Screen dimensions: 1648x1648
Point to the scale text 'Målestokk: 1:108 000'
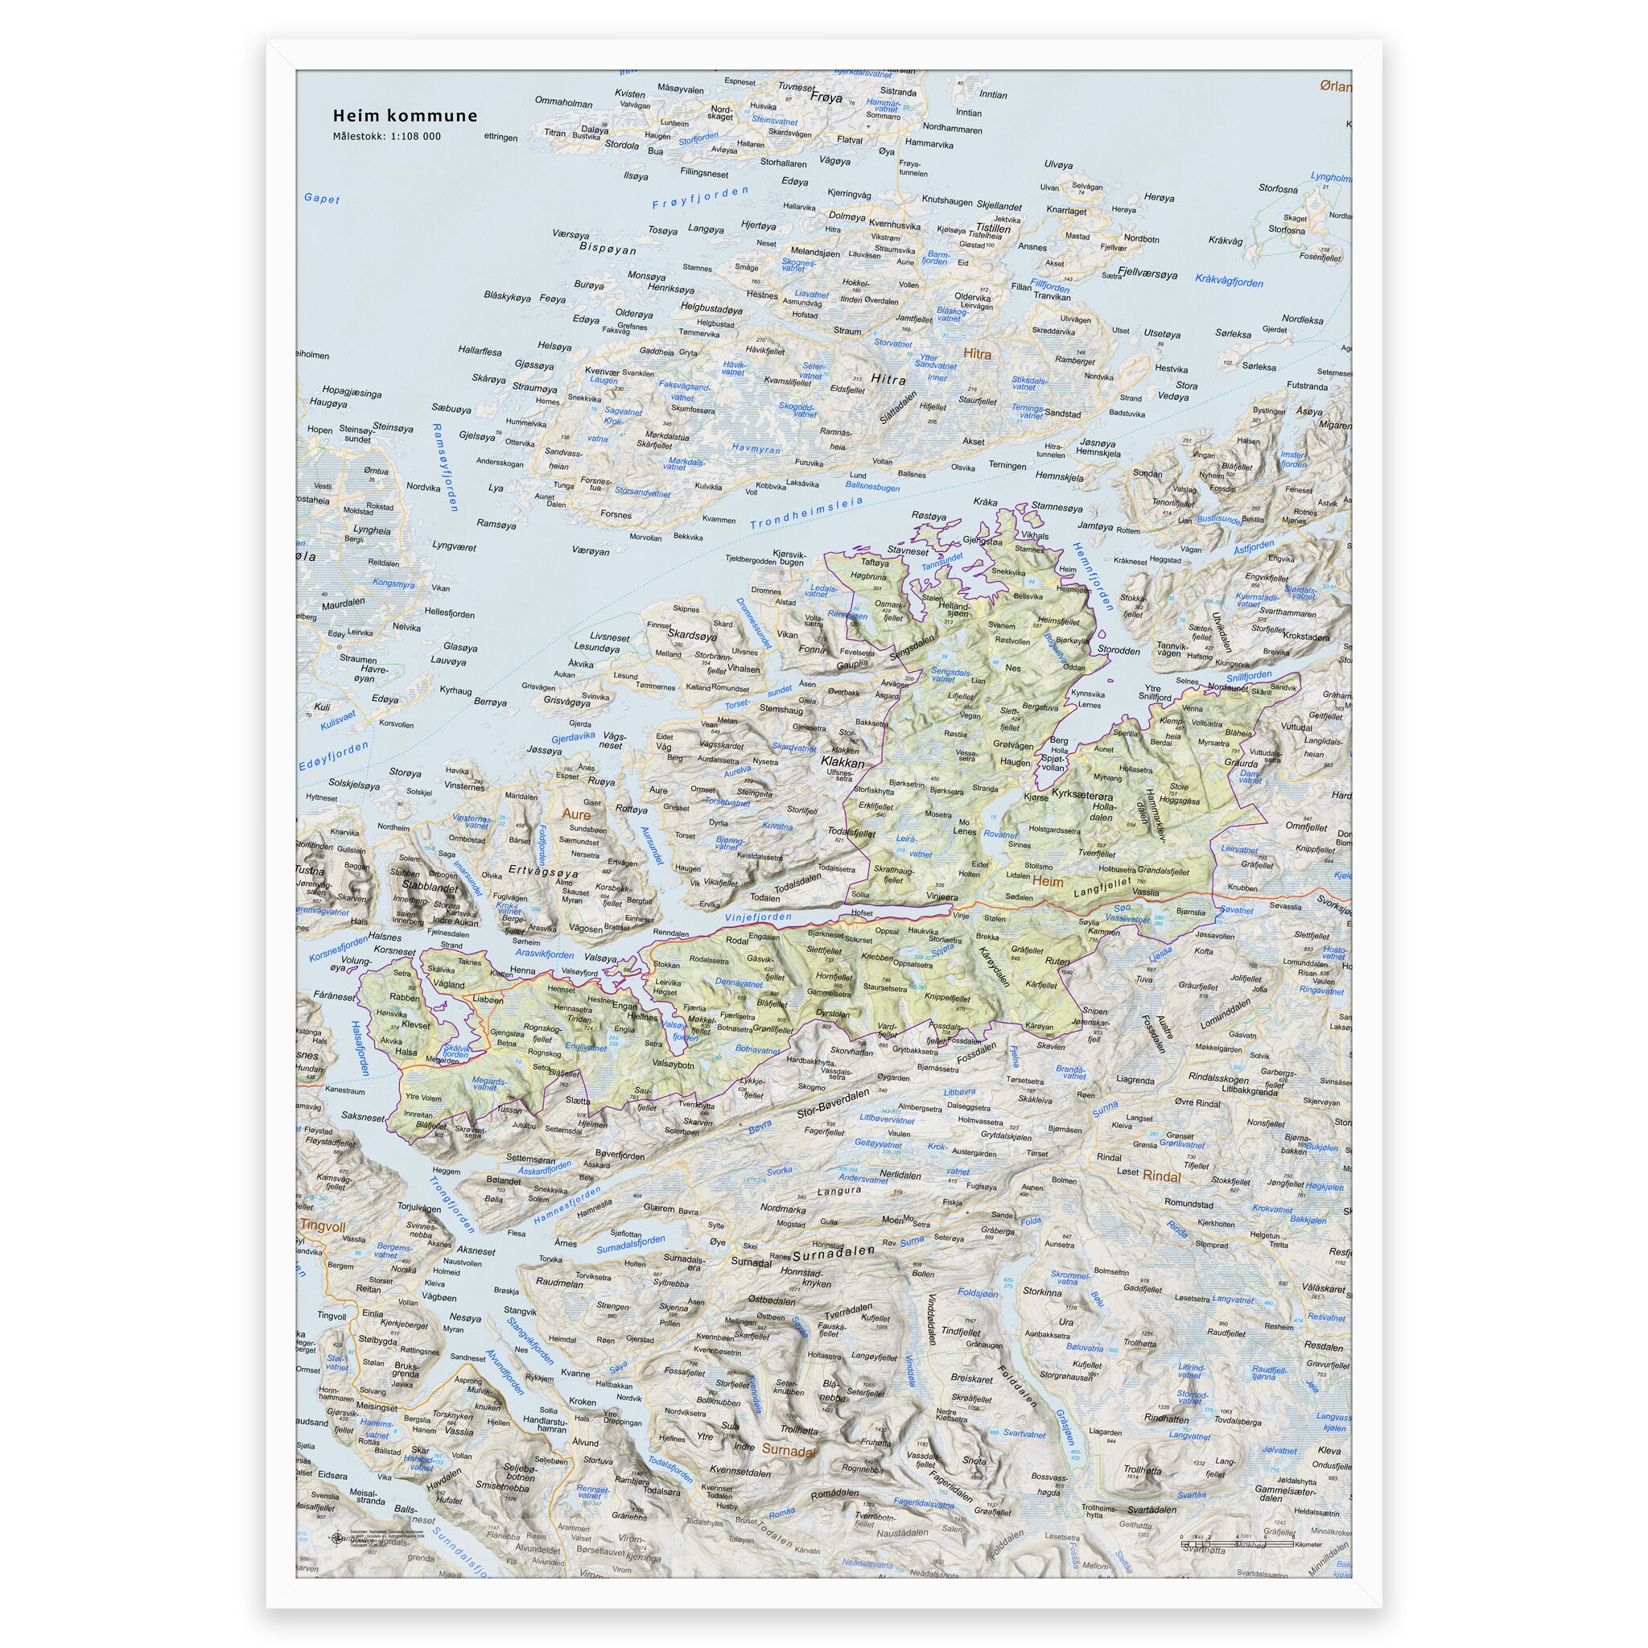[386, 136]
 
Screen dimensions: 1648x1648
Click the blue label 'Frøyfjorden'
[699, 198]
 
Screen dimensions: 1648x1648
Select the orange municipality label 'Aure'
[576, 814]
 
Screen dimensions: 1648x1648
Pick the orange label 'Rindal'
[1162, 1176]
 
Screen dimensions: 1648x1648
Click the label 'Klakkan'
[843, 763]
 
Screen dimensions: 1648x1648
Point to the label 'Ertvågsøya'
[543, 873]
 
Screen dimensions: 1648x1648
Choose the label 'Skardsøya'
[690, 635]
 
